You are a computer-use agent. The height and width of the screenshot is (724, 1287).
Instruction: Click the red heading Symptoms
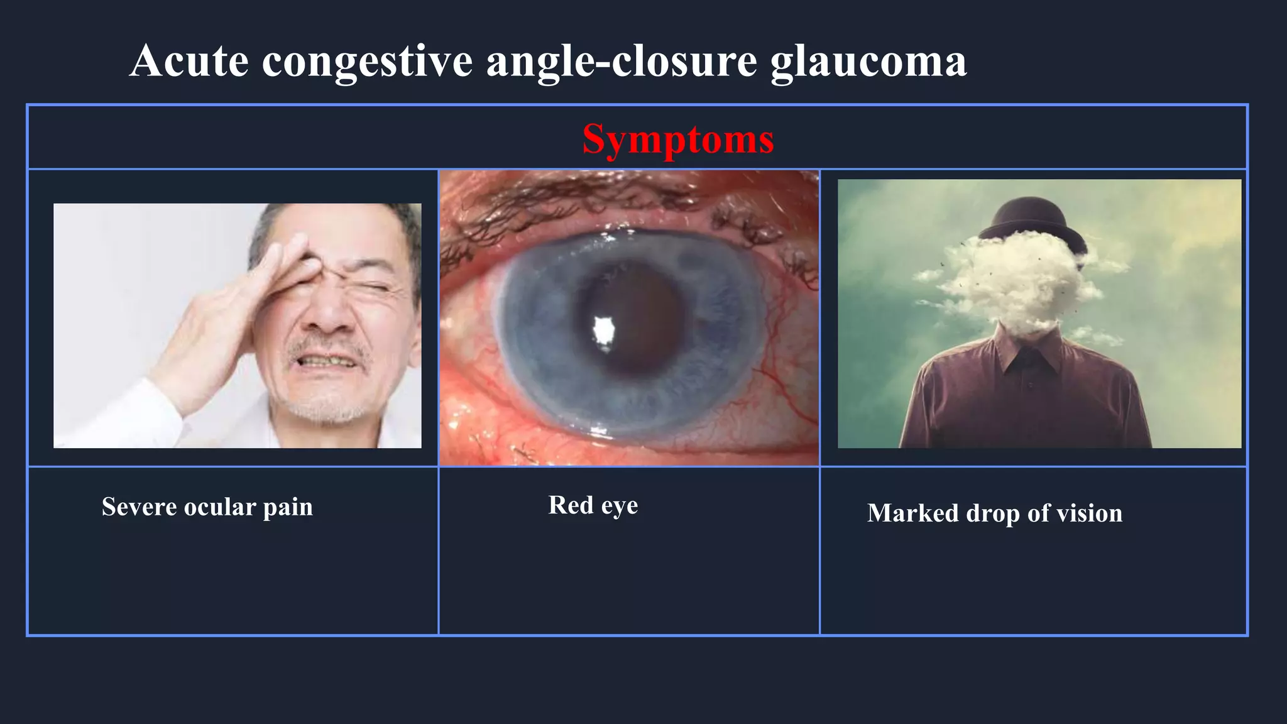pos(677,139)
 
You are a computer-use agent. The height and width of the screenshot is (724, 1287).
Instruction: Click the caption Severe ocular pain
pos(207,507)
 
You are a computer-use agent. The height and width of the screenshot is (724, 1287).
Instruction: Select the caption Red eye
pos(593,505)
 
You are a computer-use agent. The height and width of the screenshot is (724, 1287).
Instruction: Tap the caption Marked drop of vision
pos(994,513)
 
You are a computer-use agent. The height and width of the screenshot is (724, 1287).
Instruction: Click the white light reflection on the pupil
pos(603,329)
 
